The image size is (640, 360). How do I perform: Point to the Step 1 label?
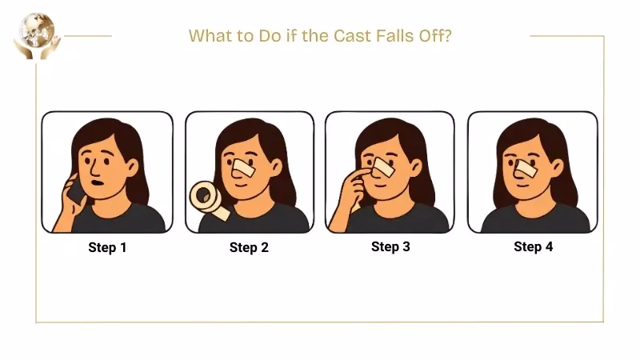107,247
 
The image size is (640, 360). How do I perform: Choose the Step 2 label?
249,247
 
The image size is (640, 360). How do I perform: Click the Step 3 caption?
390,246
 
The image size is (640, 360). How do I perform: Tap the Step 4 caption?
533,246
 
